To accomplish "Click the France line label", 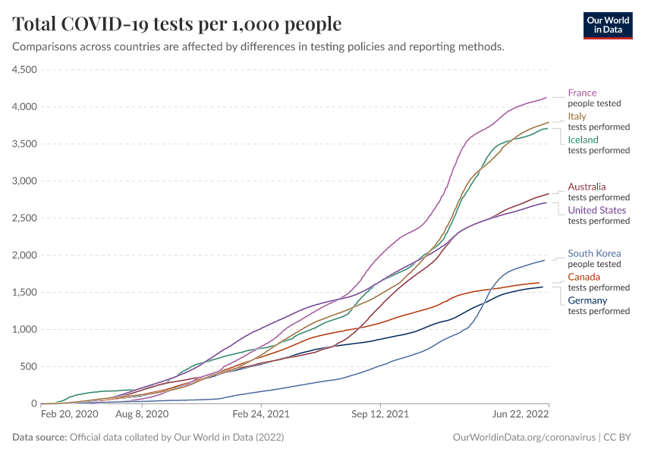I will (x=582, y=93).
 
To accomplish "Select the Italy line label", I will (x=577, y=117).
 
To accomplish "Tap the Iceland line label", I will (x=583, y=140).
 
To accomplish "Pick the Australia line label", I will (x=587, y=187).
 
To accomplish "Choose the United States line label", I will (x=596, y=211).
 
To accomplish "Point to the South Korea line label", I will (x=594, y=254).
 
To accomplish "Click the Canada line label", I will (x=584, y=278).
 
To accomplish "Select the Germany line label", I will (x=587, y=301).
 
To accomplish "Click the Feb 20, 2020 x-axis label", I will (x=69, y=415).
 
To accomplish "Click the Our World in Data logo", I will (x=608, y=26).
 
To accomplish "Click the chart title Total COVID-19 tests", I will (x=178, y=24).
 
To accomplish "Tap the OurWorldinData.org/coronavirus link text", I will (x=523, y=438).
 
